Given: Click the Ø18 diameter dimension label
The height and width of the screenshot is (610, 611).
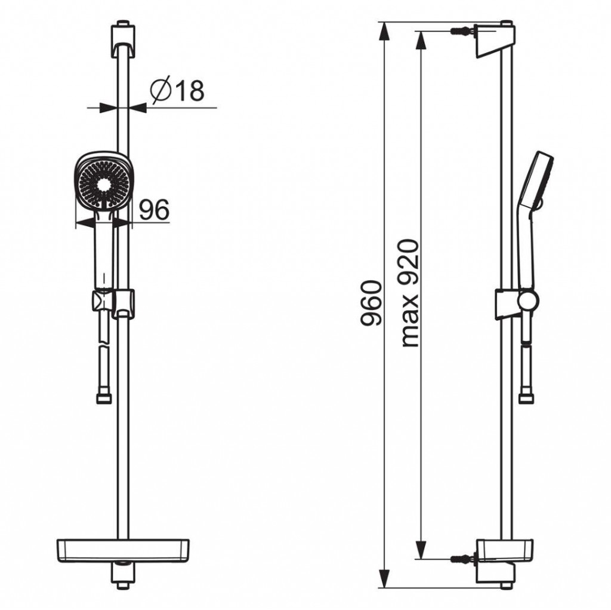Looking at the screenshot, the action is click(x=177, y=90).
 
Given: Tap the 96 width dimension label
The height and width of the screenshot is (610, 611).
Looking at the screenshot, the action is click(x=155, y=210).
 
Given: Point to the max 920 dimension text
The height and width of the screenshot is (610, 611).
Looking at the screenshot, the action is click(x=410, y=293).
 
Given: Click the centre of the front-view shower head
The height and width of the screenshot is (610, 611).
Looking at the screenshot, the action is click(x=103, y=183).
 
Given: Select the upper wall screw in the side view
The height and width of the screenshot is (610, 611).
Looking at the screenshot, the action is click(x=462, y=31).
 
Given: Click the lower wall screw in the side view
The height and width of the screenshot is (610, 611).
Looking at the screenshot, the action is click(x=462, y=559).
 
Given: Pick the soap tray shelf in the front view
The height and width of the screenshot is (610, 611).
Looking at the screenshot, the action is click(x=123, y=551).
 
